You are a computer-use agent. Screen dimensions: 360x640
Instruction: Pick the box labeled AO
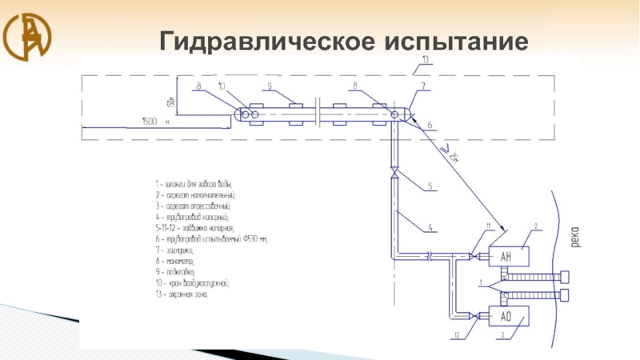506,317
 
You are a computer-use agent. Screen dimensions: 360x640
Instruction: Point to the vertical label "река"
576,235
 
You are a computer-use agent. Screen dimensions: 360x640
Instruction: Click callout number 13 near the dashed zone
426,60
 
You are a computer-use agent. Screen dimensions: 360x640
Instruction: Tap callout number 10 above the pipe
222,86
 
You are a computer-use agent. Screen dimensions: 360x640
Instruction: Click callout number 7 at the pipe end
423,86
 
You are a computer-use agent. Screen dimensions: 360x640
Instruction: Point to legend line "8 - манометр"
180,261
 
